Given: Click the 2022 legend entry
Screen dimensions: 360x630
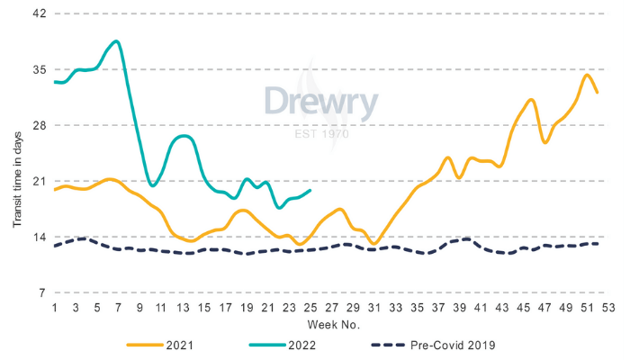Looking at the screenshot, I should pyautogui.click(x=304, y=345).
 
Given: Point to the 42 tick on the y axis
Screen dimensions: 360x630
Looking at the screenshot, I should pyautogui.click(x=40, y=14).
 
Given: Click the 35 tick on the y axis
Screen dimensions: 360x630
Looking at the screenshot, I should pyautogui.click(x=40, y=69).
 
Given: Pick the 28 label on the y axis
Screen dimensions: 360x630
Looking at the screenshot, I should pyautogui.click(x=40, y=125).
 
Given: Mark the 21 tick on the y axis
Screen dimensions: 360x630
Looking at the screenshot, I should pyautogui.click(x=40, y=181).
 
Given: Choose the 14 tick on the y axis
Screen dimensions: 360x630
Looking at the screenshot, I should pyautogui.click(x=40, y=237).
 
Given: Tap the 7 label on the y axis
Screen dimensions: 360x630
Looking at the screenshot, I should pyautogui.click(x=43, y=292).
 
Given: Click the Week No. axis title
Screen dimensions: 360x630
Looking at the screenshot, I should pyautogui.click(x=330, y=322).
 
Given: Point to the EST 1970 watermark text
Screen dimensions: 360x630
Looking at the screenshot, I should pyautogui.click(x=321, y=134).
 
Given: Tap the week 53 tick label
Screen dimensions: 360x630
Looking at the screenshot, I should pyautogui.click(x=607, y=306).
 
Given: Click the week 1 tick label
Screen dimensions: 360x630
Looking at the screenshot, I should pyautogui.click(x=55, y=306).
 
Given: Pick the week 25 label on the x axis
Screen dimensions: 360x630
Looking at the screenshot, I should pyautogui.click(x=310, y=306).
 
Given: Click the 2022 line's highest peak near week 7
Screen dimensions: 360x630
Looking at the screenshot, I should pyautogui.click(x=116, y=41).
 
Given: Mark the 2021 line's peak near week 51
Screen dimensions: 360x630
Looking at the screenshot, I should pyautogui.click(x=587, y=75).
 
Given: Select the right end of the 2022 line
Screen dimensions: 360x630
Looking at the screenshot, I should pyautogui.click(x=310, y=190).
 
